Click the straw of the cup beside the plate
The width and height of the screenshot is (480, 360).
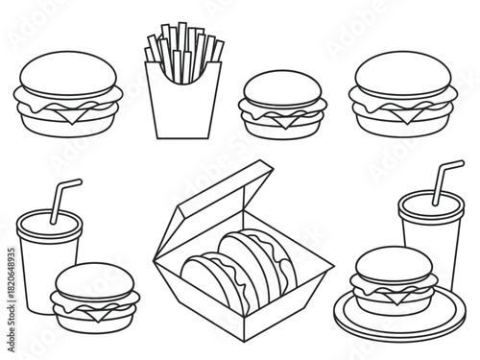pyautogui.click(x=444, y=178)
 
